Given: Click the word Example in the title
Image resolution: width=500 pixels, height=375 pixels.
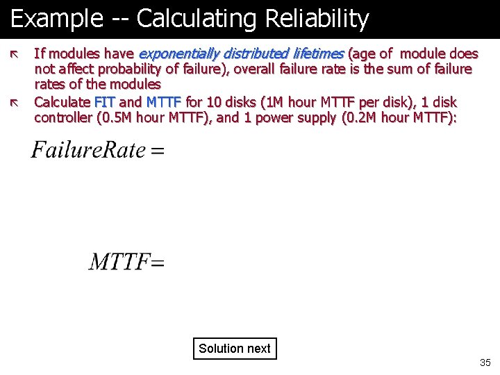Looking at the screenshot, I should (56, 19).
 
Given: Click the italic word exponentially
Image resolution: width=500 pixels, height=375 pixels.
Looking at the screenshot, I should (178, 53).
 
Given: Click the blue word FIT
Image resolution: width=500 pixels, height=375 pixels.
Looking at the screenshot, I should (105, 102).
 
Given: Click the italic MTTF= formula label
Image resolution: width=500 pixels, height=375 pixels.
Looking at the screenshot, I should (126, 262).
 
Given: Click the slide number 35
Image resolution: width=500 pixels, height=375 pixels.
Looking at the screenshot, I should (485, 362).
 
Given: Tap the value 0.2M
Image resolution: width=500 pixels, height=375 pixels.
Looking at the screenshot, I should (361, 117).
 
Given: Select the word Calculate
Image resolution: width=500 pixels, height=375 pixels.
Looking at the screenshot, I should (62, 102).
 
